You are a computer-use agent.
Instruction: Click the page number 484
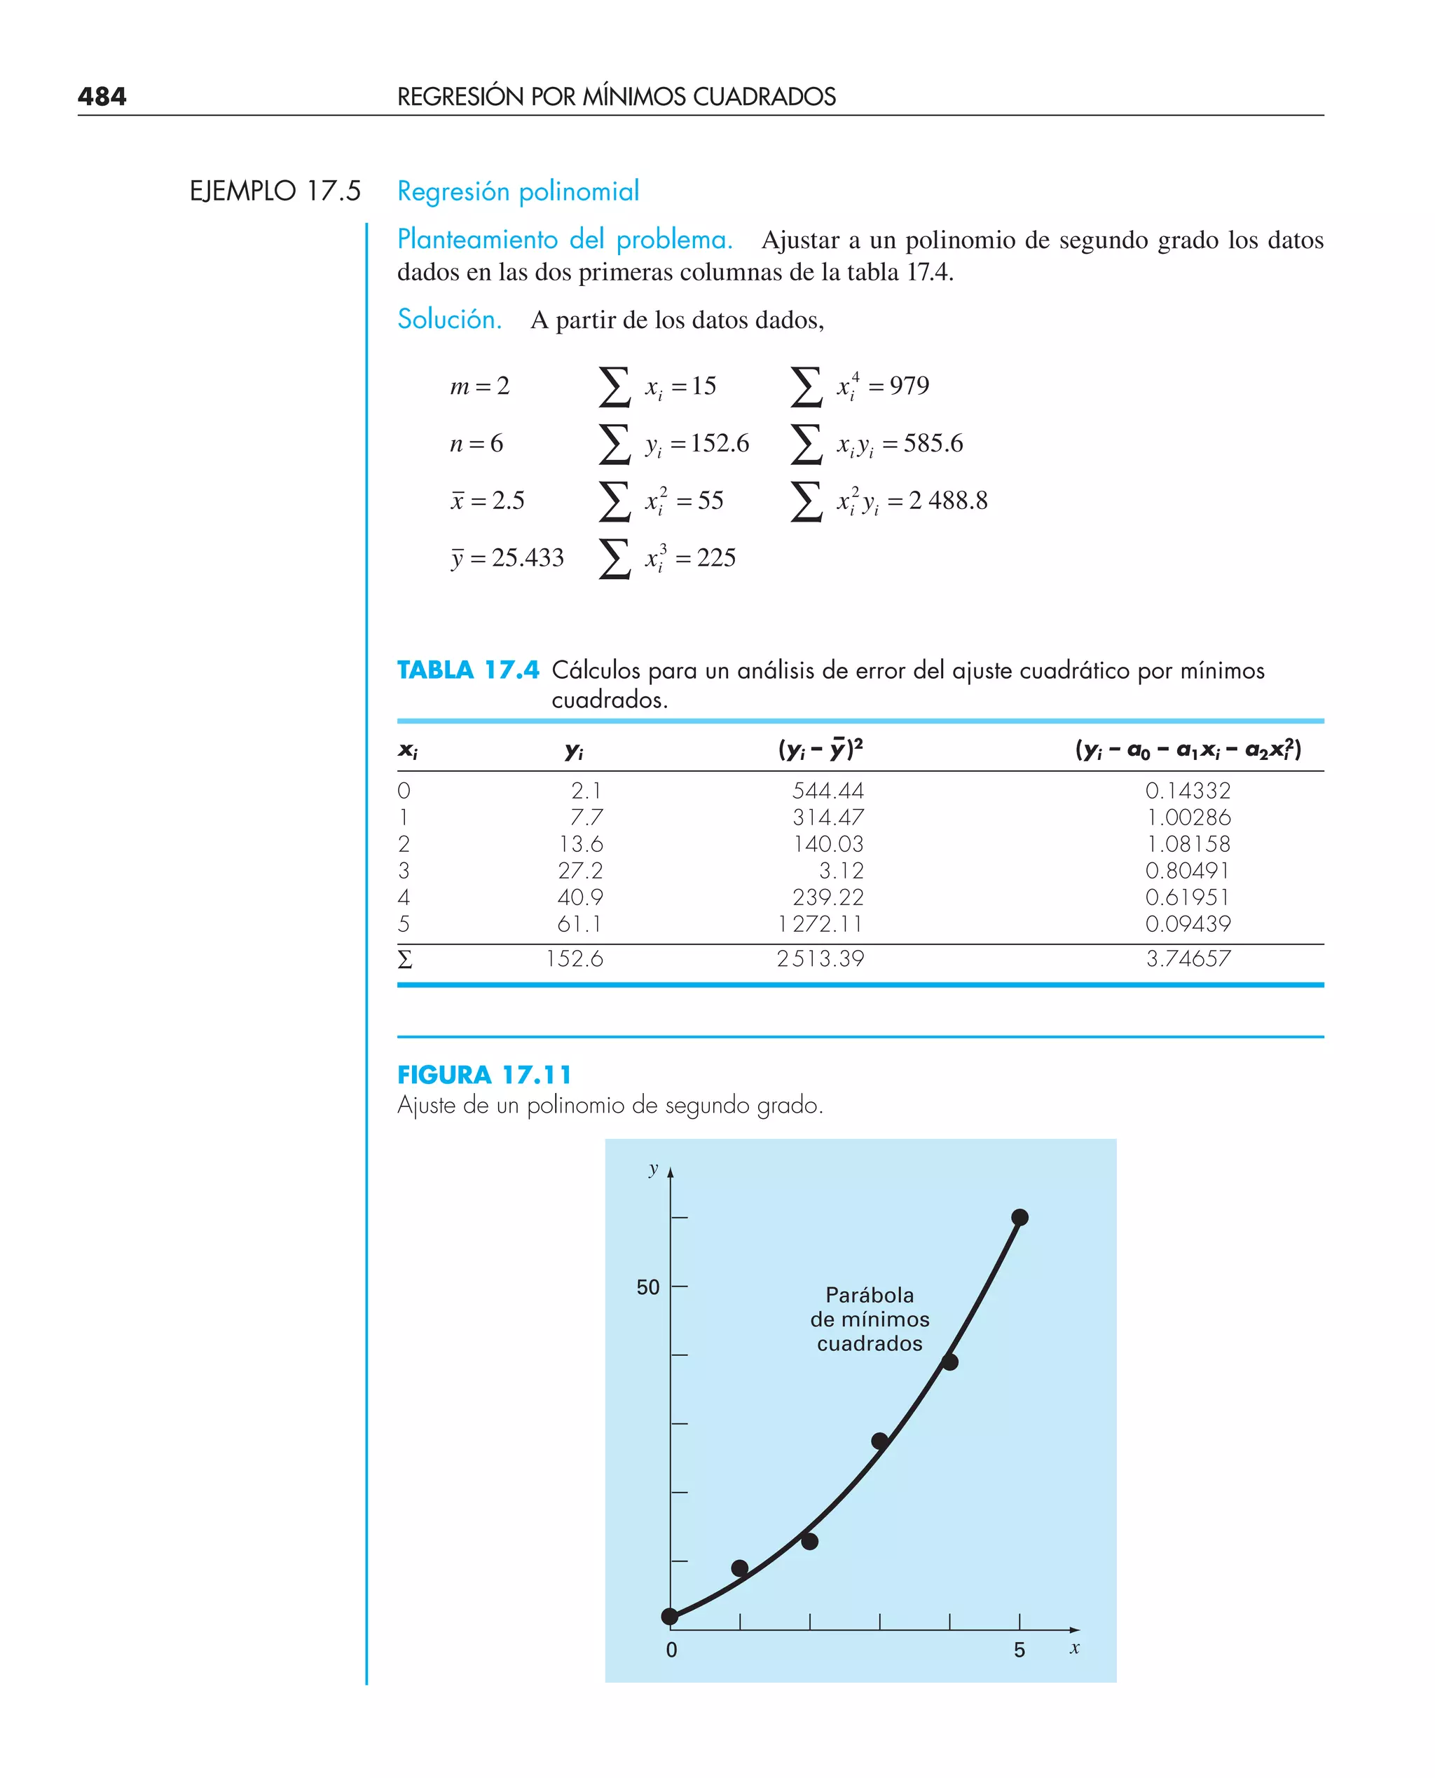pos(102,97)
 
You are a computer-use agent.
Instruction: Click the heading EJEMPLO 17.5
pos(275,191)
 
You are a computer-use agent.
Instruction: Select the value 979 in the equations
pos(909,386)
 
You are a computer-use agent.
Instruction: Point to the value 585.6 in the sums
pos(933,443)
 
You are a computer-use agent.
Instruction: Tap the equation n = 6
pos(476,443)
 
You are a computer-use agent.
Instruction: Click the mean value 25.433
pos(528,558)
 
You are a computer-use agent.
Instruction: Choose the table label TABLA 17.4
pos(468,670)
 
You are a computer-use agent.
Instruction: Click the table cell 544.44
pos(828,791)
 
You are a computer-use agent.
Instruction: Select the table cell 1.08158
pos(1188,843)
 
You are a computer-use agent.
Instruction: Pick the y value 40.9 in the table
pos(579,897)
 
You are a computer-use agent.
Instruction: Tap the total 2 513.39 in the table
pos(820,958)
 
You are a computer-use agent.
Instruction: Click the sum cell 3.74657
pos(1188,958)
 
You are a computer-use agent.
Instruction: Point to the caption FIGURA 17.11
pos(484,1075)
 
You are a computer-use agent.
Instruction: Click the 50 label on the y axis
pos(648,1288)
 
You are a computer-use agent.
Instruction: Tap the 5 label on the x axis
pos(1019,1650)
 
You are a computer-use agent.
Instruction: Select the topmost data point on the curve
pos(1019,1217)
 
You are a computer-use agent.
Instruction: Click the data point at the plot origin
pos(671,1616)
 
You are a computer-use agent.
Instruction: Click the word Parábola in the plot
pos(870,1295)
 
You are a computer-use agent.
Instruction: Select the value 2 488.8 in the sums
pos(948,501)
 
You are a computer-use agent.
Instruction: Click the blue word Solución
pos(450,319)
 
